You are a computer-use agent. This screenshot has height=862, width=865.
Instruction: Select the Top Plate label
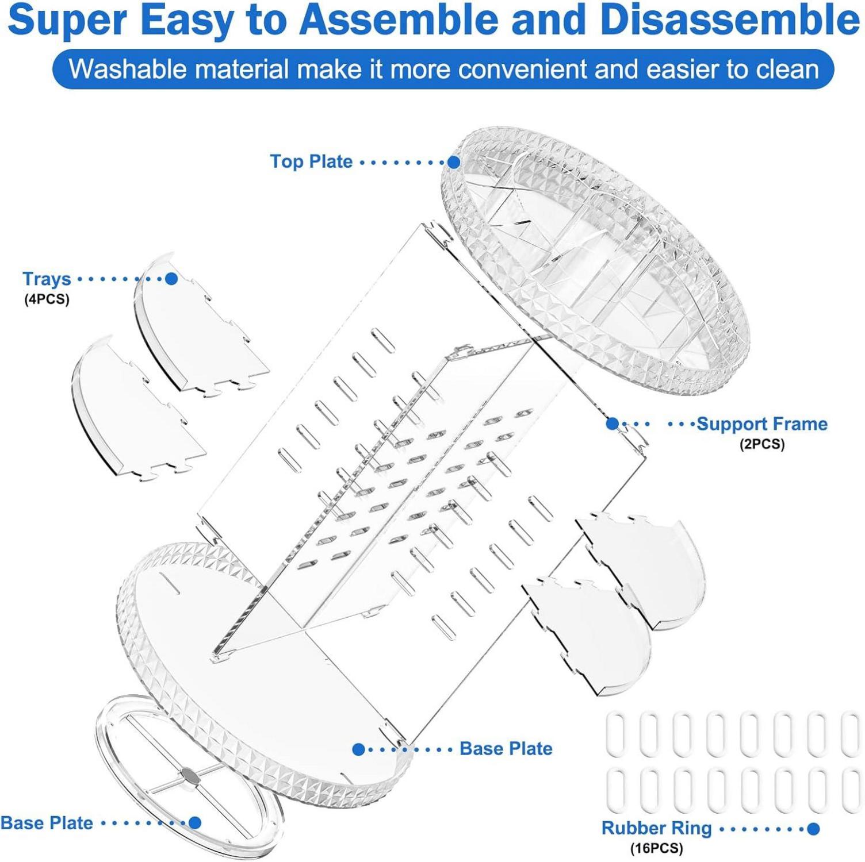(311, 161)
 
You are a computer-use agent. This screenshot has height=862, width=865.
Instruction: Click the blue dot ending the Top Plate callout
(454, 162)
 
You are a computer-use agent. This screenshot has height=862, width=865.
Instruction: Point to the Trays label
(47, 279)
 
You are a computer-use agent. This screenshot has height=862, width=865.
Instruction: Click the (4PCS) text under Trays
(47, 299)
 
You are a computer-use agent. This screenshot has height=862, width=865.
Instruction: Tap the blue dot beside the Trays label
(171, 279)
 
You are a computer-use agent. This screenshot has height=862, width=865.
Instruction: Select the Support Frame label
(762, 424)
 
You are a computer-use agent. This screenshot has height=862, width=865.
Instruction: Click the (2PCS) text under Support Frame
(762, 444)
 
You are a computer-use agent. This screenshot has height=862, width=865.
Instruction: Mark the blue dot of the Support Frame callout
(613, 424)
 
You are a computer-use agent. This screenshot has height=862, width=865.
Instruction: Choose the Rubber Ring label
(656, 828)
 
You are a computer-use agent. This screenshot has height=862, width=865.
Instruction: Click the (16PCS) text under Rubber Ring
(656, 848)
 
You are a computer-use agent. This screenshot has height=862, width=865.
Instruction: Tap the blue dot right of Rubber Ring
(813, 829)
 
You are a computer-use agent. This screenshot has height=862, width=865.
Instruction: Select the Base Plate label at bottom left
(47, 823)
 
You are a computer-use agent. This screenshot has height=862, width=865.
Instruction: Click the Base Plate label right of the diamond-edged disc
(506, 749)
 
